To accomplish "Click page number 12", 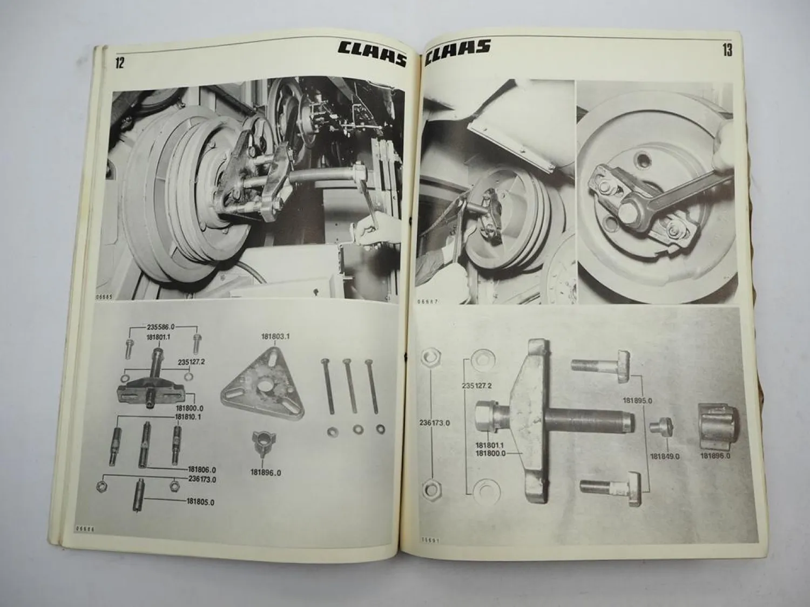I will [x=119, y=63].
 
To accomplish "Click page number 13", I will [x=726, y=51].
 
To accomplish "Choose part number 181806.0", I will [x=201, y=469].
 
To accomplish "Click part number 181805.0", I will [x=200, y=502].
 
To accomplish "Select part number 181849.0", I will [x=665, y=456].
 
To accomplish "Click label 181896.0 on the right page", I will [x=715, y=456].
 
